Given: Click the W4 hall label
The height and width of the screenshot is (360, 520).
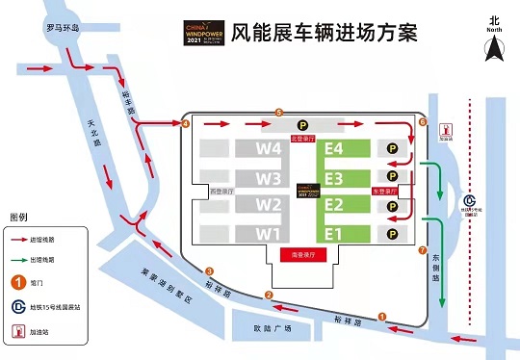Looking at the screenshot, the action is tap(269, 149).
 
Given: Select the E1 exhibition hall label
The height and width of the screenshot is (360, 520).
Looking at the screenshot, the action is tap(335, 234).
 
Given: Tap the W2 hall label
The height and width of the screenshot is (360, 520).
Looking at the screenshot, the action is tap(269, 205).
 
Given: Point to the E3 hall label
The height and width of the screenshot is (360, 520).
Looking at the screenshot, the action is tap(335, 178).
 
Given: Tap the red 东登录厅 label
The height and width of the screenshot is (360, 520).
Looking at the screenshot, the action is tap(385, 192).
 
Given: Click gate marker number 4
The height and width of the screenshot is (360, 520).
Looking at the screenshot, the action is tap(186, 123).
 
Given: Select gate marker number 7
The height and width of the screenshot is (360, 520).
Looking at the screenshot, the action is tap(423, 251).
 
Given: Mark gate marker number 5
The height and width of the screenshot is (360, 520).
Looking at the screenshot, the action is tap(278, 113).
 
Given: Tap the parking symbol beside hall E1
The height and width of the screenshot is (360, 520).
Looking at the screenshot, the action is tap(392, 233).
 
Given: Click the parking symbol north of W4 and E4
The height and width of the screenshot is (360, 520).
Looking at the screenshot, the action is tap(301, 124).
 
